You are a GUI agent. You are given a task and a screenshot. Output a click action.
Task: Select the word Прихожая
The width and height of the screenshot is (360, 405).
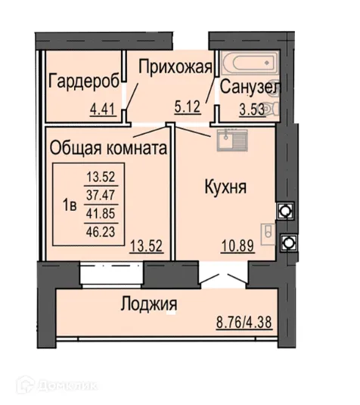coord(174,67)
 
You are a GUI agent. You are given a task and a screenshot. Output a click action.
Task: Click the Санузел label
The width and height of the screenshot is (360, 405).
coord(250,87)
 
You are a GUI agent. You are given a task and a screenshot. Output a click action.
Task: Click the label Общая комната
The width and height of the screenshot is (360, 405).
coord(107,149)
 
